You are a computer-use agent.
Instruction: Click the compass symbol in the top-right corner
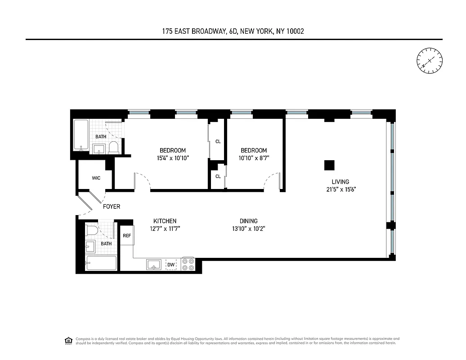point(430,60)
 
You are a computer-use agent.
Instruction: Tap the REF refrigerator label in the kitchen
point(127,235)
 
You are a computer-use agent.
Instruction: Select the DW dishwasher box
point(171,265)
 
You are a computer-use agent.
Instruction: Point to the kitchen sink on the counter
point(153,265)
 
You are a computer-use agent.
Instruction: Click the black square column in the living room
point(329,165)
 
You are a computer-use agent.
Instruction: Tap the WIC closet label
point(96,178)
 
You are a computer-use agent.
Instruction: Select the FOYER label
point(112,207)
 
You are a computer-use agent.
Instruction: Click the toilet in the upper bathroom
point(113,147)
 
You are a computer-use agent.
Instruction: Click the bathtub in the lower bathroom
point(101,263)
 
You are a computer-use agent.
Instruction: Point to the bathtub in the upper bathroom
point(81,135)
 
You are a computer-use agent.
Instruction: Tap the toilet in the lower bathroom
point(92,231)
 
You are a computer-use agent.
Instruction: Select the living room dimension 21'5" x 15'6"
point(341,189)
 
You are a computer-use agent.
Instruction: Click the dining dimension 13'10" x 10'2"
point(248,229)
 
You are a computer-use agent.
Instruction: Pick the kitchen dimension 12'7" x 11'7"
point(165,229)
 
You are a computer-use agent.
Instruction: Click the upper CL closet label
point(218,141)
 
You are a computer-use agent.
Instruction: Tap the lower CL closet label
point(218,176)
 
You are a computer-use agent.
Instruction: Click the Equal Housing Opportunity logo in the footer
point(68,340)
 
